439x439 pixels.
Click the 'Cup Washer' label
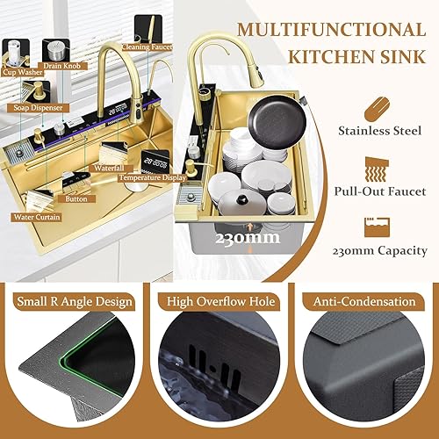tap(23, 72)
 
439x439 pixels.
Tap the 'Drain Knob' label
tap(61, 66)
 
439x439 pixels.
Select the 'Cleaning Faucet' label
tap(147, 47)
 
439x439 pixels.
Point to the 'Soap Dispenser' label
tap(38, 108)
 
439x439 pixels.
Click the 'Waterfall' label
tap(109, 169)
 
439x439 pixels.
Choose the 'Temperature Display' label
tap(153, 177)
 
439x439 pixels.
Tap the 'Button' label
tap(76, 199)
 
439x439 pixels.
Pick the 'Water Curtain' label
tap(37, 217)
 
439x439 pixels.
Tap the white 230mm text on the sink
tap(248, 238)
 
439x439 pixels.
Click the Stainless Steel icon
tap(378, 109)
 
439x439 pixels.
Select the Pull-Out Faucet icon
tap(377, 169)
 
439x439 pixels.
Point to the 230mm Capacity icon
tap(378, 227)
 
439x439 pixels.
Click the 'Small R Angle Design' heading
tap(75, 301)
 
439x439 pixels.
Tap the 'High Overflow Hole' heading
tap(221, 301)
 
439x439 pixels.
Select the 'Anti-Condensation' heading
tap(364, 301)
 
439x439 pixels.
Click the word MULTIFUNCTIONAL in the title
tap(331, 30)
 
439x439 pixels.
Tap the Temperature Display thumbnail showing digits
tap(155, 162)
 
